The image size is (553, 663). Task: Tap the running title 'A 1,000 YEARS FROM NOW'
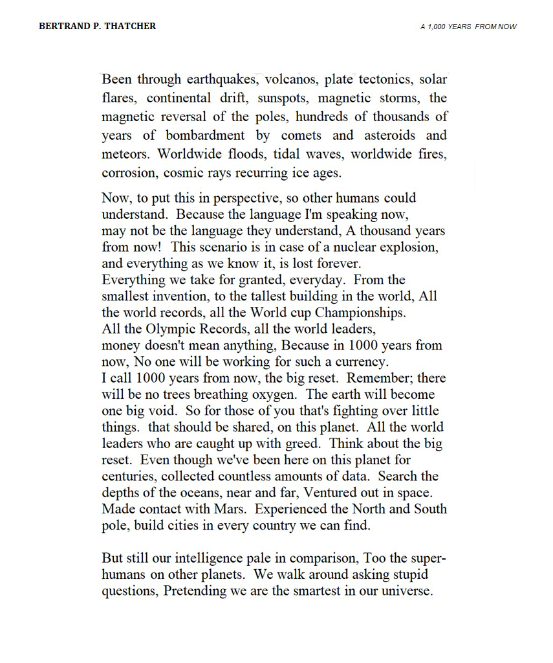(x=468, y=27)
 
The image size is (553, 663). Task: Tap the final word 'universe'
(x=406, y=592)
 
